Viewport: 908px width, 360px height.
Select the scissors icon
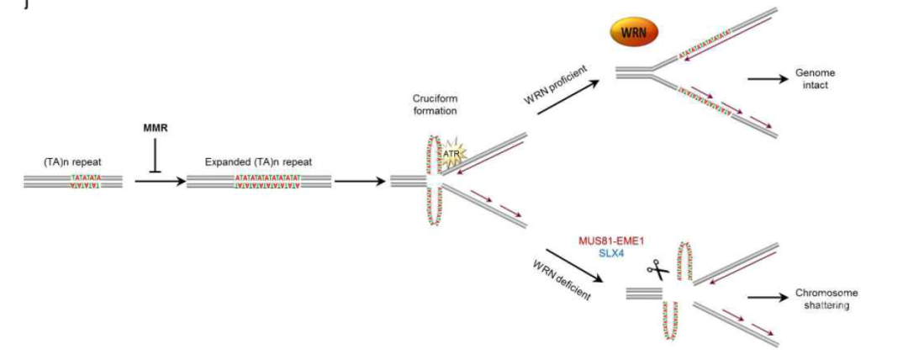[657, 271]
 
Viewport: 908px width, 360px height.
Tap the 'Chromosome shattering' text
[826, 299]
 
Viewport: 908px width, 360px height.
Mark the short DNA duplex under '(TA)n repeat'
[73, 181]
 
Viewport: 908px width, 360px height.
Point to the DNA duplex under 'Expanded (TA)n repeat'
[258, 181]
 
